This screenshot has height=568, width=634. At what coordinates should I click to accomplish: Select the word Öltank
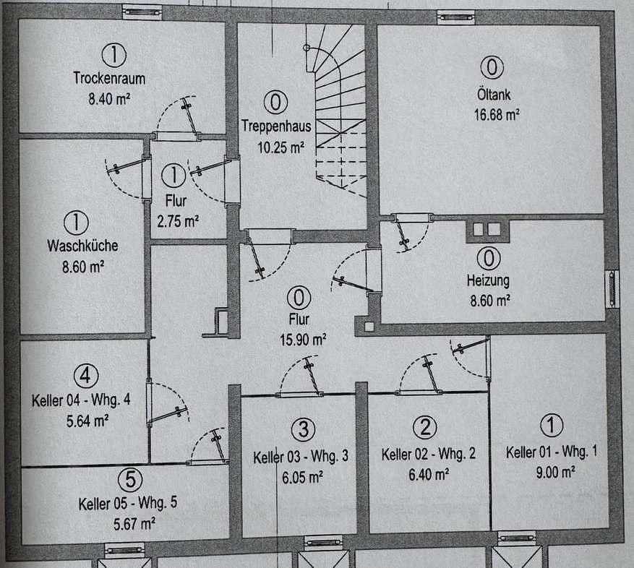point(491,92)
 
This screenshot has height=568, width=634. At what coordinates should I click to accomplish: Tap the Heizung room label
point(488,280)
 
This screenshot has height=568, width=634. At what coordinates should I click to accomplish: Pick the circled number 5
point(129,479)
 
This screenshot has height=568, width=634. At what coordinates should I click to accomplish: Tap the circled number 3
point(303,429)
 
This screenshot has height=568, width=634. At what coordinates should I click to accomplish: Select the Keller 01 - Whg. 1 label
point(551,452)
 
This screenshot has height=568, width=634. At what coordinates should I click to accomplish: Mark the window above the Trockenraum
point(142,12)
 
